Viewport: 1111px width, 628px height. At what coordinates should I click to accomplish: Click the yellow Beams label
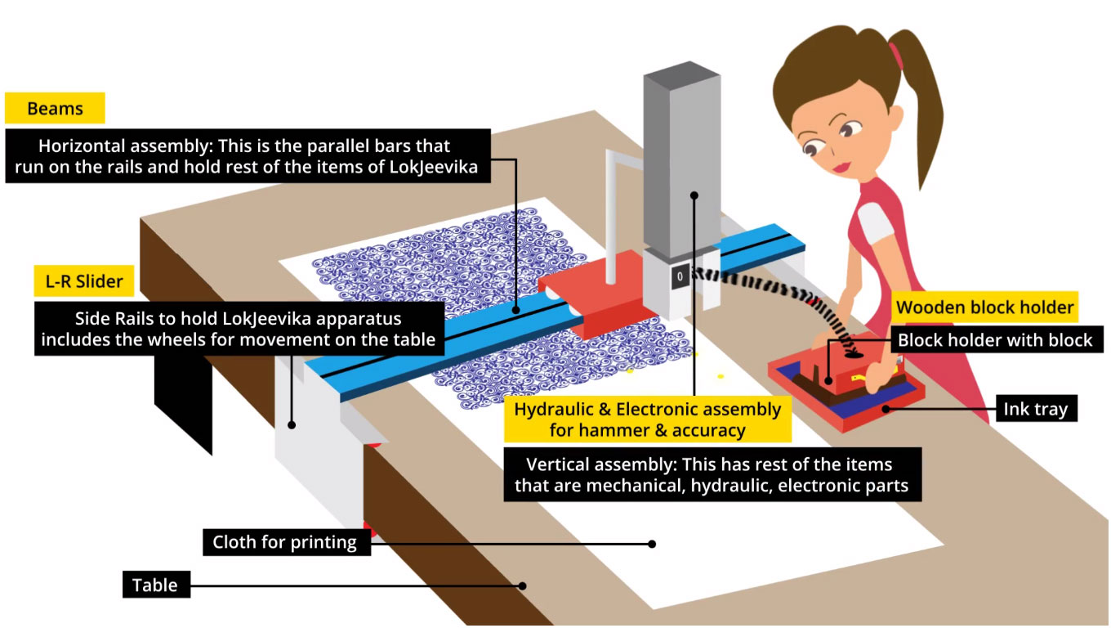[x=55, y=109]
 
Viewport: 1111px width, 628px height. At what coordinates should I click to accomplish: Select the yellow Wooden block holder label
[x=984, y=307]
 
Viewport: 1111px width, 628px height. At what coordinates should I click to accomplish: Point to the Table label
[x=155, y=585]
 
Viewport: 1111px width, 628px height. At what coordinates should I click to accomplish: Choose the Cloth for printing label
[x=284, y=542]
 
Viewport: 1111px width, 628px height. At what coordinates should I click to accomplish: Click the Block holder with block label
[x=995, y=339]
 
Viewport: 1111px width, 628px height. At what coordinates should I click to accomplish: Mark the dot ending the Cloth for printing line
[x=652, y=543]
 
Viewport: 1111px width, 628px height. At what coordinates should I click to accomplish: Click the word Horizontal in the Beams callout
[x=81, y=147]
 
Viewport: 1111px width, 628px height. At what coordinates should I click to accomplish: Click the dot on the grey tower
[x=694, y=195]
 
